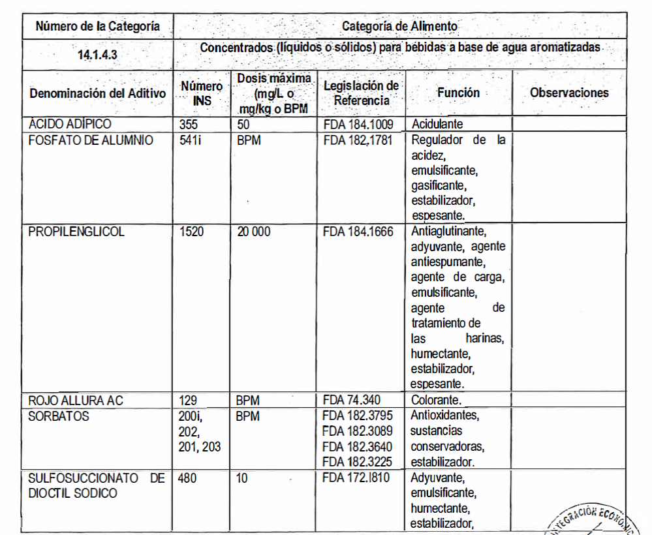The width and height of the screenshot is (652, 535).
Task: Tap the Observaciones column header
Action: click(x=569, y=93)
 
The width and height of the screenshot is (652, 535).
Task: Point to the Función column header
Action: click(x=458, y=93)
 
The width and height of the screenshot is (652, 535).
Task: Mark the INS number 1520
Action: click(x=193, y=231)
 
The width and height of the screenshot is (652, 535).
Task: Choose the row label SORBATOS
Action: click(x=59, y=416)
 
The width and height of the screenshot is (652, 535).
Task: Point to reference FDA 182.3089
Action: click(x=358, y=431)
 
